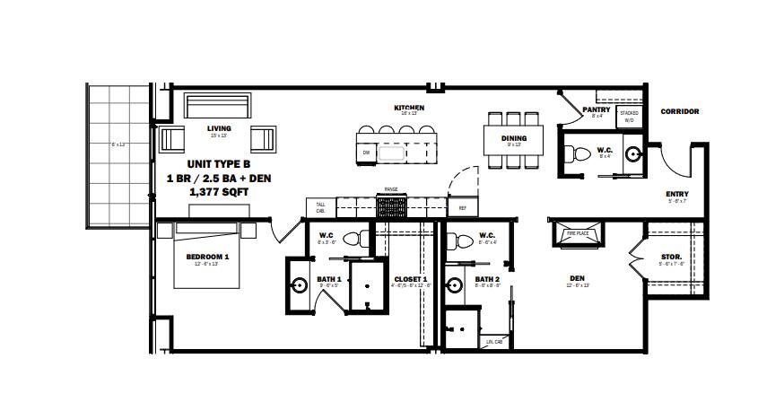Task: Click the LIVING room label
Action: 219,128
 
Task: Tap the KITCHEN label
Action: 409,108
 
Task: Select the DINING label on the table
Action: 514,138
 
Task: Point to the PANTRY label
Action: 596,110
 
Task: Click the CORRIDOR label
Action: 679,112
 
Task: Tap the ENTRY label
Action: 677,195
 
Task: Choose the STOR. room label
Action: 671,258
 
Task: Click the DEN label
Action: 578,279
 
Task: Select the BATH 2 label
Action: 488,279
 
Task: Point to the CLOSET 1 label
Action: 412,279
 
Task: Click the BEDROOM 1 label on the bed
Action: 207,257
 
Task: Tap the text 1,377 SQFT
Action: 219,192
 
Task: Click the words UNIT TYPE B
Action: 219,165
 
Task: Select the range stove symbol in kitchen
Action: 391,207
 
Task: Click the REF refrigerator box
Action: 463,208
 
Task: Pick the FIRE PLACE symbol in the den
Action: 576,233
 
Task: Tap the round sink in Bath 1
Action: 299,287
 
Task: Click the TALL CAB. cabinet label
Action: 320,208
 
